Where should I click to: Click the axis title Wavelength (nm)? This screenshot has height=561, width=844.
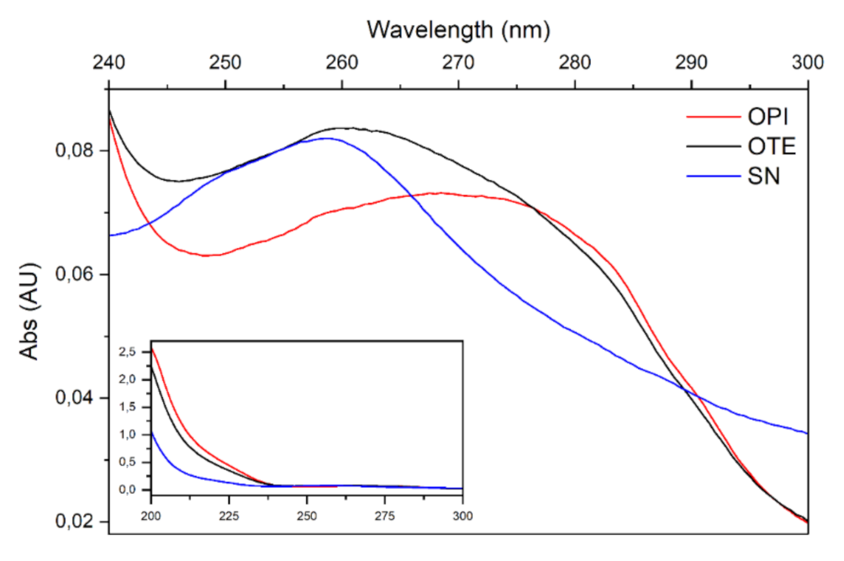[x=458, y=30]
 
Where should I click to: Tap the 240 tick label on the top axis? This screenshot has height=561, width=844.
[x=109, y=61]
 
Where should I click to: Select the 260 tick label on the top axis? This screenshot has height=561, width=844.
[x=342, y=61]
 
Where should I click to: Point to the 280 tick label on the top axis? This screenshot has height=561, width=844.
[x=575, y=61]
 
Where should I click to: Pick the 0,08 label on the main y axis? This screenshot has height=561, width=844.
[x=73, y=151]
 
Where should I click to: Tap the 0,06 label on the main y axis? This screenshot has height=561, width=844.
[x=73, y=275]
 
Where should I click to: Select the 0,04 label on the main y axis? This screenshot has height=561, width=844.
[x=73, y=398]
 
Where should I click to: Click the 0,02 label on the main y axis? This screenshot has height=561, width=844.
[x=73, y=521]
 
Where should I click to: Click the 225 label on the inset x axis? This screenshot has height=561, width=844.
[x=229, y=514]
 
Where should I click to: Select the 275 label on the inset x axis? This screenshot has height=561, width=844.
[x=385, y=514]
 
